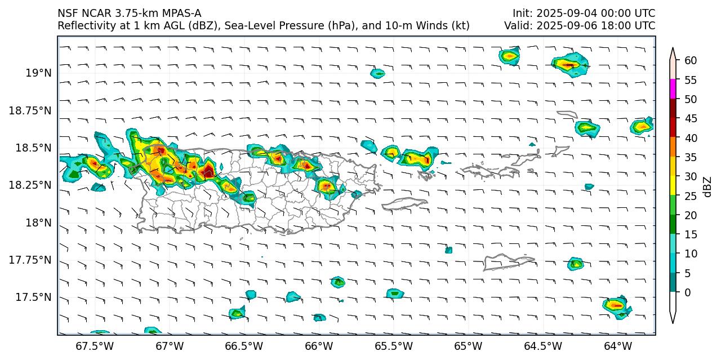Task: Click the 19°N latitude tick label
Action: [x=38, y=73]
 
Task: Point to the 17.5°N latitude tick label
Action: [x=33, y=297]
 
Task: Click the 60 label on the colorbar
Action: [x=690, y=60]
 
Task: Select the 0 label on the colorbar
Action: [x=687, y=292]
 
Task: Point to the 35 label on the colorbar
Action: [x=690, y=157]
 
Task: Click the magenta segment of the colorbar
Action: [x=673, y=89]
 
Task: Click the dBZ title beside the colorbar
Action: [x=708, y=186]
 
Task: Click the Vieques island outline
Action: [x=404, y=203]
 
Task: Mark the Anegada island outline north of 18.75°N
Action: [x=567, y=114]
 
